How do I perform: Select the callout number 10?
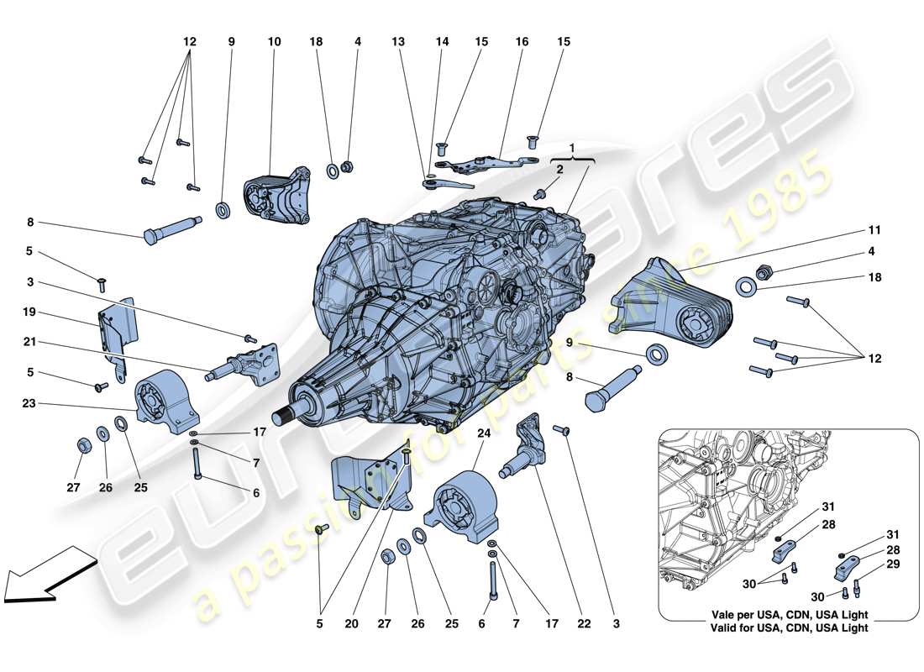click(x=274, y=40)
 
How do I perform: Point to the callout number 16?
click(x=522, y=40)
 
